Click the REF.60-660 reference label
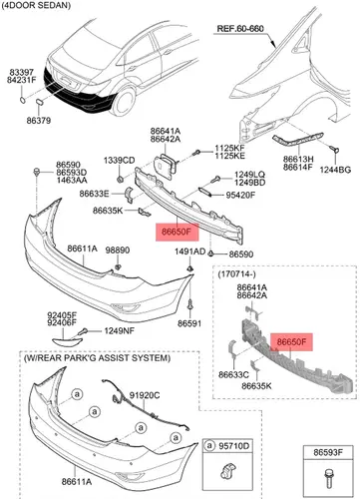click(240, 29)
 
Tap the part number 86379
click(39, 121)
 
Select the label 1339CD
click(119, 161)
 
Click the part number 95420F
click(240, 195)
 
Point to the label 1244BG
click(335, 170)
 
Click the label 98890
click(118, 250)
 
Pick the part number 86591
click(189, 323)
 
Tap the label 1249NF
click(119, 330)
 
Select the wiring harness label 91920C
click(145, 395)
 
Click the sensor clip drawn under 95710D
click(227, 470)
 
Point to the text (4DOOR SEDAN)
click(36, 5)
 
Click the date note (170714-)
click(236, 274)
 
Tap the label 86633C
click(233, 375)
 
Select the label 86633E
click(94, 194)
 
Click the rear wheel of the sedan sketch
click(123, 101)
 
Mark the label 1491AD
click(190, 251)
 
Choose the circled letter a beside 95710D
click(209, 446)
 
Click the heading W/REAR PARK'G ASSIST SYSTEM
click(97, 358)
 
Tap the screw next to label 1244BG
click(336, 150)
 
